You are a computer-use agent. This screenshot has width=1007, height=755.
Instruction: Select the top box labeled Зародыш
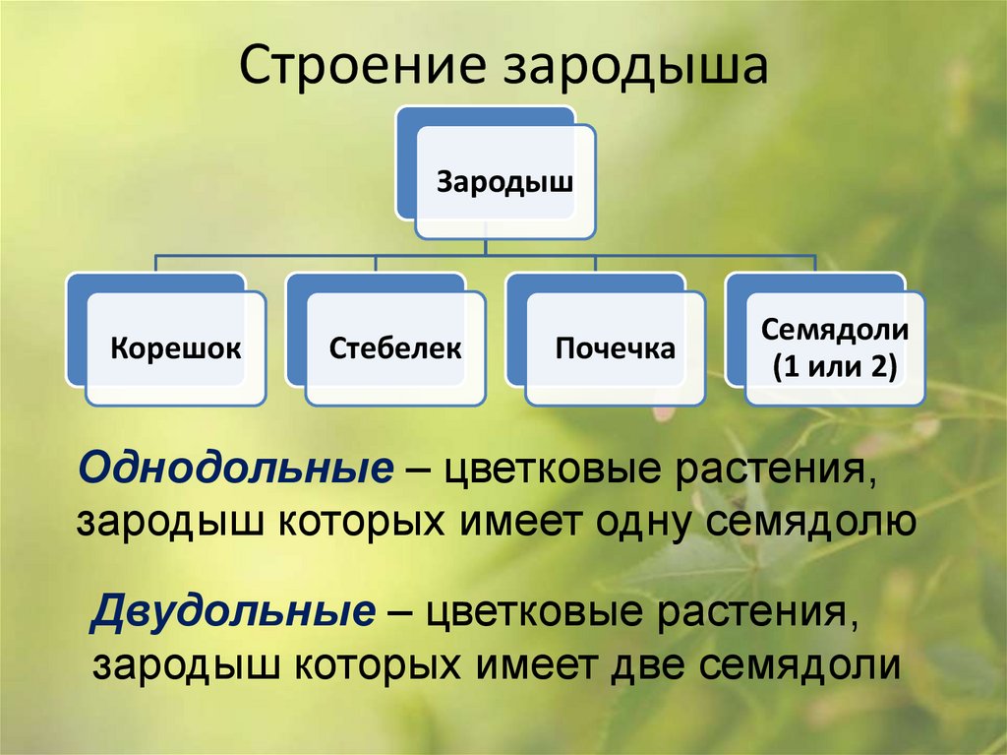click(x=504, y=182)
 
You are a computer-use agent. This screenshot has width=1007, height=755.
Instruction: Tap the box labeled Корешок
click(x=175, y=348)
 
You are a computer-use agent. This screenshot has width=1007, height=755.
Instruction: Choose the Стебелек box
click(x=395, y=348)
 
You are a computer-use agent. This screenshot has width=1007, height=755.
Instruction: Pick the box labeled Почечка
click(x=615, y=348)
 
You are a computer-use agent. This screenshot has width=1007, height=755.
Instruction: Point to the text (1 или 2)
click(x=834, y=368)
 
